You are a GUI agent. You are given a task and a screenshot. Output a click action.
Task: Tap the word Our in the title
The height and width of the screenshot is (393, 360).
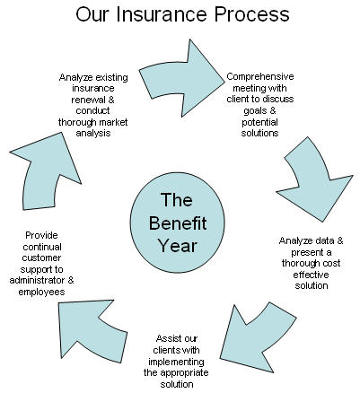point(92,14)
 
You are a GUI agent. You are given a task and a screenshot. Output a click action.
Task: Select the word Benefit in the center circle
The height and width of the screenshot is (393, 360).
point(178,223)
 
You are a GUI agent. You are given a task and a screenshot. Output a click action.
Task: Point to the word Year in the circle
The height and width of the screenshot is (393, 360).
point(178,246)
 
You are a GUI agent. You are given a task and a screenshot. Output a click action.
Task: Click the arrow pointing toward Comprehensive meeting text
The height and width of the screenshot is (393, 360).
point(181,78)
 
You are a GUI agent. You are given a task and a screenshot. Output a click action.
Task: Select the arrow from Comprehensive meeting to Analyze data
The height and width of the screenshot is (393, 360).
point(314,179)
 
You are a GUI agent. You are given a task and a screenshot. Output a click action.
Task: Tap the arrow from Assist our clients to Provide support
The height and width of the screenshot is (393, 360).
point(90,330)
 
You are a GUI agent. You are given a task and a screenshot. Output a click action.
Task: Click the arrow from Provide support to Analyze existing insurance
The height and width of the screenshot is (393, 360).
point(45,170)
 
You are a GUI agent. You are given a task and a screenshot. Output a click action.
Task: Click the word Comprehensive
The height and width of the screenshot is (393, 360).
point(260,77)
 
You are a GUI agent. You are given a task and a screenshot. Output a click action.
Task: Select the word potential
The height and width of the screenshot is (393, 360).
point(259,122)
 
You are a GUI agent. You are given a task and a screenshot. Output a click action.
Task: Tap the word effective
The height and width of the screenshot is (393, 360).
point(311,275)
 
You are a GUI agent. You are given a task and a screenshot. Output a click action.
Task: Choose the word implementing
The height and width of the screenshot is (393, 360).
point(176,362)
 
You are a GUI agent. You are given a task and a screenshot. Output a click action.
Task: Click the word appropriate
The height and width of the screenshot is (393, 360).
point(184,373)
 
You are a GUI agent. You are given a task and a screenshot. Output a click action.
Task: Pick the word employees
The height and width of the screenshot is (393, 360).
point(41,292)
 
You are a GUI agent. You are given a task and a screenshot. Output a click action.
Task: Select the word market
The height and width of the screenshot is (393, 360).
point(113,122)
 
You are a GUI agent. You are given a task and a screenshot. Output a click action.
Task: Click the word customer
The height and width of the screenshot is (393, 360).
point(41,258)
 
